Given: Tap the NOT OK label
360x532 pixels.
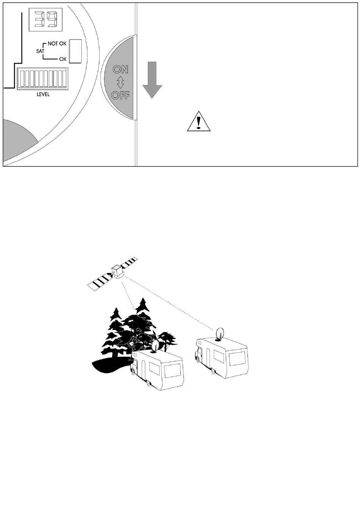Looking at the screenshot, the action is click(x=57, y=44).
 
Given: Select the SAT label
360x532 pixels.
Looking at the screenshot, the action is click(x=40, y=51).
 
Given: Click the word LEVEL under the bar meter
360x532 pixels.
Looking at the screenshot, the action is click(x=43, y=94).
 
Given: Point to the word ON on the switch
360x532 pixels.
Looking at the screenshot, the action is click(x=121, y=69).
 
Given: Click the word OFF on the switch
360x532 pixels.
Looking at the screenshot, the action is click(x=121, y=95).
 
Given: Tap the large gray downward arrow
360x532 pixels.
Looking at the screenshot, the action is click(x=152, y=80).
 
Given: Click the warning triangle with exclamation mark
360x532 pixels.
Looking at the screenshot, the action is click(x=199, y=121).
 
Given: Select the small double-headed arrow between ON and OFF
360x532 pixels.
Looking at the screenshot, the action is click(x=121, y=82).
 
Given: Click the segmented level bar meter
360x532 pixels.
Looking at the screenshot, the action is click(x=43, y=78).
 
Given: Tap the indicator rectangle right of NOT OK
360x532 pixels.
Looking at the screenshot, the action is click(x=75, y=51).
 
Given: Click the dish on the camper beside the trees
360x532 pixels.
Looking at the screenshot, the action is click(x=156, y=346).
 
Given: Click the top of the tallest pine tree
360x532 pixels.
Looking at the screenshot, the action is click(x=143, y=298).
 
